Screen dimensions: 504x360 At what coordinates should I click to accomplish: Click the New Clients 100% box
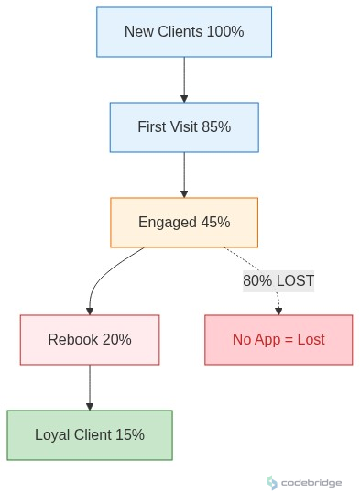click(x=184, y=32)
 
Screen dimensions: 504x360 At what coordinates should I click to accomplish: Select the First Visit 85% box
click(x=184, y=126)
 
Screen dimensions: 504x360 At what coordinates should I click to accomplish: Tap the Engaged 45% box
click(x=184, y=222)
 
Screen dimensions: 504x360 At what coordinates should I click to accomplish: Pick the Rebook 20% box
click(x=90, y=339)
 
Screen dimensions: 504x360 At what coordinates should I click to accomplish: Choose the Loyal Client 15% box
click(x=90, y=434)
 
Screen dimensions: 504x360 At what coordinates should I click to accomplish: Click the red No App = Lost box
click(x=278, y=339)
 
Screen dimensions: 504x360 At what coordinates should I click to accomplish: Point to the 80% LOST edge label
click(x=278, y=280)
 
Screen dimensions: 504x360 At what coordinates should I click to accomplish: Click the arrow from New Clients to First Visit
click(x=184, y=79)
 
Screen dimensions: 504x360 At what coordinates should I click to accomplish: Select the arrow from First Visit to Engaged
click(x=184, y=174)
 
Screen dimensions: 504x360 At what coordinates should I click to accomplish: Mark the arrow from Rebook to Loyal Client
click(x=90, y=387)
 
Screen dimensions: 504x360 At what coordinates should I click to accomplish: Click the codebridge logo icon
click(x=272, y=482)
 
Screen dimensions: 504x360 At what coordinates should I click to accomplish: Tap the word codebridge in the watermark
click(x=311, y=482)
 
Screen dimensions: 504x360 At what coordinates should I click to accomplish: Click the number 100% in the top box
click(x=225, y=32)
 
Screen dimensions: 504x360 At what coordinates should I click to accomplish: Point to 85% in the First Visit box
click(x=214, y=126)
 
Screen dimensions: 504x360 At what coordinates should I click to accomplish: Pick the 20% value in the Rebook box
click(x=116, y=339)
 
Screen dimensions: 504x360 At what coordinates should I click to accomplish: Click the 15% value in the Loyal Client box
click(x=130, y=434)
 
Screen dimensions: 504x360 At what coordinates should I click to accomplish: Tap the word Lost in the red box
click(x=309, y=339)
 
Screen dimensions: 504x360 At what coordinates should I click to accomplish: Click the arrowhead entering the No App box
click(x=278, y=311)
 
